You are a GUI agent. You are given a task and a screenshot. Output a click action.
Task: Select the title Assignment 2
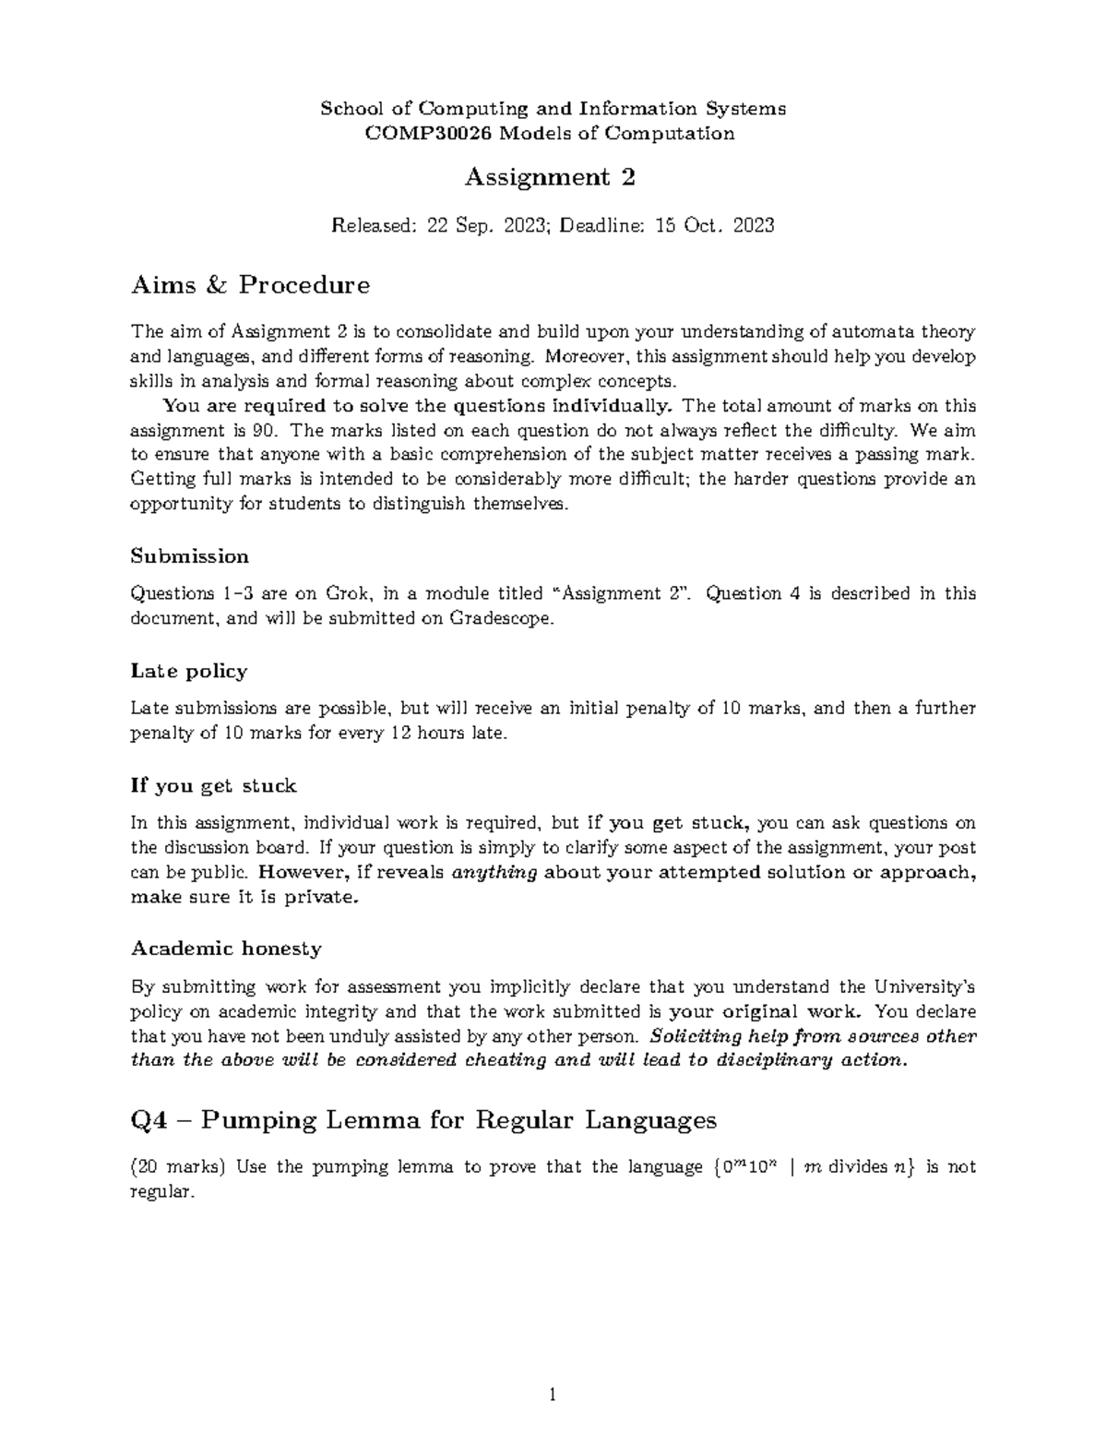pos(550,177)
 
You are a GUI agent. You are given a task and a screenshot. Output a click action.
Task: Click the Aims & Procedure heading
pos(250,285)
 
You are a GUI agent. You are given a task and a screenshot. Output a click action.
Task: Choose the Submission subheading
pos(190,556)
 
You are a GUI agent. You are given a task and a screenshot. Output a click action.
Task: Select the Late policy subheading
pos(189,671)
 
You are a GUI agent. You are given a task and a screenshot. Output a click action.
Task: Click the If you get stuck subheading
pos(213,786)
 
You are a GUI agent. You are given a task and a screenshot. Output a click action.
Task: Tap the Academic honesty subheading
pos(226,949)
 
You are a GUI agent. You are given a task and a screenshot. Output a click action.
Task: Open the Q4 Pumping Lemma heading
pos(423,1120)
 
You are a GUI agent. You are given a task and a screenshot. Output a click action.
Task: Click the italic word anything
pos(495,873)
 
